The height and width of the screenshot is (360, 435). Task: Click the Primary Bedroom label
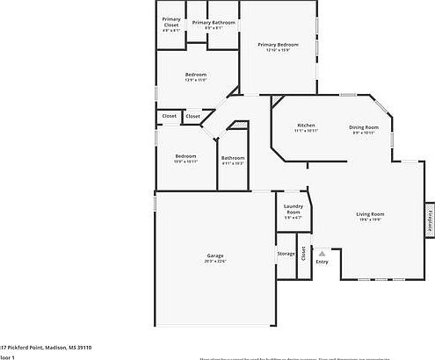click(279, 44)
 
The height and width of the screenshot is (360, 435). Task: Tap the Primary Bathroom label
click(214, 22)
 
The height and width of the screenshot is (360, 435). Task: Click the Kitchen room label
click(306, 126)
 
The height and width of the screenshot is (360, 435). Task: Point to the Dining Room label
click(363, 126)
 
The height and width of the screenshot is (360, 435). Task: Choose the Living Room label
click(370, 214)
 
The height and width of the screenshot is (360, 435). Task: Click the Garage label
click(215, 256)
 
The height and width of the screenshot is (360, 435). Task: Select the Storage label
click(286, 254)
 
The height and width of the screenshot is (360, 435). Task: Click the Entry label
click(322, 261)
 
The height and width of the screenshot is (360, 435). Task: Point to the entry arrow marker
click(322, 252)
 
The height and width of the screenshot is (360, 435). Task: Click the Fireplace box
click(429, 220)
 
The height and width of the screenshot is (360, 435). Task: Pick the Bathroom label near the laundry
click(233, 158)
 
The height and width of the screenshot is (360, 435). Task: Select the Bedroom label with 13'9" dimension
click(195, 75)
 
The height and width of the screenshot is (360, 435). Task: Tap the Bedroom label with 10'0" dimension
click(185, 156)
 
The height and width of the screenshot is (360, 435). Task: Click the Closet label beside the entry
click(304, 255)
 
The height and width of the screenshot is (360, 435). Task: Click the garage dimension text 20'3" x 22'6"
click(215, 262)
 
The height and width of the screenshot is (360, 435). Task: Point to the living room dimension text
click(370, 220)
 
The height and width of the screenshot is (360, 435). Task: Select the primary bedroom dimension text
click(279, 50)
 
